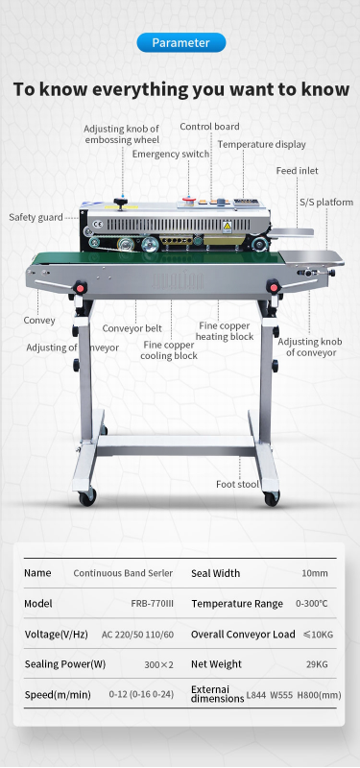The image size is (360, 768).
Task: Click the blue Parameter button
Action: click(x=181, y=42)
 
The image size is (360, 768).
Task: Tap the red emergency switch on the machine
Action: click(x=188, y=199)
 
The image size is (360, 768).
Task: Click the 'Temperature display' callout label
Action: click(x=261, y=145)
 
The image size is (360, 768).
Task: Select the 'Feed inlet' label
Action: click(x=297, y=171)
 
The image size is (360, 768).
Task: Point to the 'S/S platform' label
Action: click(x=326, y=202)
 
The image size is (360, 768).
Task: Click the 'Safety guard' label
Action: click(x=36, y=217)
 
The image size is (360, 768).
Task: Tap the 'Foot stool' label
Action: click(x=237, y=485)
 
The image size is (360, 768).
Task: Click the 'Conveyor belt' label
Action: click(x=132, y=328)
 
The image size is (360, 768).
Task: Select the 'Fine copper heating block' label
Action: click(x=225, y=331)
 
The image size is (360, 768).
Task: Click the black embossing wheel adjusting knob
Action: click(x=119, y=202)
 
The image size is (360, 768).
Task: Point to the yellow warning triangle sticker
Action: click(x=228, y=227)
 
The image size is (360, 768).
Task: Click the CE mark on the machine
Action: click(x=98, y=225)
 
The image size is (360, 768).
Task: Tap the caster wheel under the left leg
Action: click(x=87, y=496)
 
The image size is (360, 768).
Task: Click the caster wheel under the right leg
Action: click(x=272, y=497)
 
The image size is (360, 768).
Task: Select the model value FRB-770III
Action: click(x=152, y=604)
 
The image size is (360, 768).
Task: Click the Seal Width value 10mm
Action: click(x=315, y=573)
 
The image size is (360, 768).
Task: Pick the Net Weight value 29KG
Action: click(x=317, y=664)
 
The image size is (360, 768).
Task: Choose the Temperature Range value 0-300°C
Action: click(x=311, y=604)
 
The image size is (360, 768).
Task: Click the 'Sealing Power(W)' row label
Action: click(x=65, y=664)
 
